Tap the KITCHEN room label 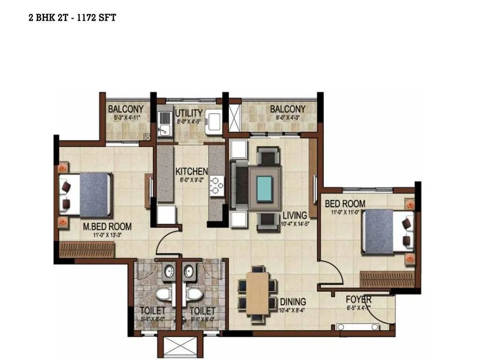tap(191, 171)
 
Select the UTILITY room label tap(188, 113)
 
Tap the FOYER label tap(359, 299)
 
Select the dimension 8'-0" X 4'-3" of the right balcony tap(287, 118)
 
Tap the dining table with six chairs tap(258, 293)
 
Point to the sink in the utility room tap(164, 124)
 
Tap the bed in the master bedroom tap(86, 195)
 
